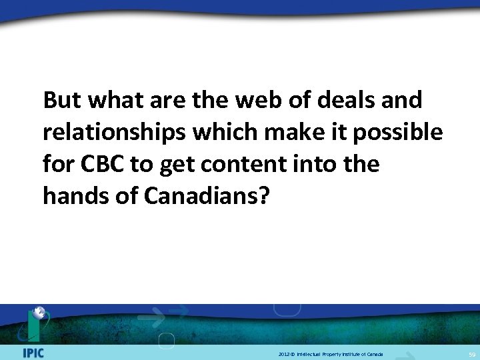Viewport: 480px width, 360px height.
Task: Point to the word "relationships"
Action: click(x=113, y=133)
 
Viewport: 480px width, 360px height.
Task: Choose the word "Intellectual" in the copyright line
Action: click(x=312, y=353)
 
